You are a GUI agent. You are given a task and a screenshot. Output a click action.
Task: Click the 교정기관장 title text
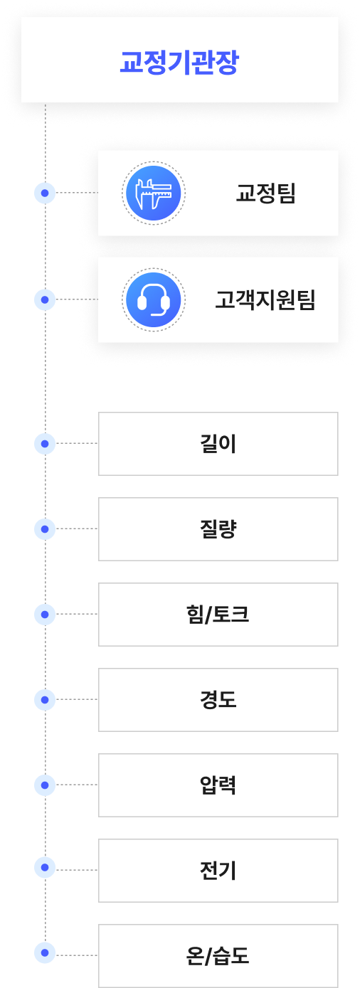point(179,62)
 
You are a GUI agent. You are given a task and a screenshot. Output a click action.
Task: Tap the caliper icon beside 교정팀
point(154,193)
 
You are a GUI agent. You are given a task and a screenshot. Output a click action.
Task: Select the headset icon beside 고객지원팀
point(154,300)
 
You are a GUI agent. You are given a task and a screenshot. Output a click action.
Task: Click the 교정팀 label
point(265,193)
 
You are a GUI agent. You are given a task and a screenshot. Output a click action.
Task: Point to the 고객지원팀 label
point(265,300)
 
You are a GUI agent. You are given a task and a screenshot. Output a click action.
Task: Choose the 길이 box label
point(218,444)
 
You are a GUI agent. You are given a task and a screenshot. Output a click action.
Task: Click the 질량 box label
point(218,528)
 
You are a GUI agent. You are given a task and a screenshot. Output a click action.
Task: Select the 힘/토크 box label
point(218,615)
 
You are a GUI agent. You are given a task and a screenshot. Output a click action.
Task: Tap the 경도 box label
point(218,699)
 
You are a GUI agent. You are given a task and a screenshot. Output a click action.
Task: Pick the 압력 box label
point(218,785)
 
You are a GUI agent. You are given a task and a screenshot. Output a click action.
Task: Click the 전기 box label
point(218,870)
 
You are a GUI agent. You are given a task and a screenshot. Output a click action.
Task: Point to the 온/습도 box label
point(218,956)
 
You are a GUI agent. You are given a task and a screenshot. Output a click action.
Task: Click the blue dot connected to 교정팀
point(45,193)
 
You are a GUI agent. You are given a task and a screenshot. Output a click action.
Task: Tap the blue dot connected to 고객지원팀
point(45,300)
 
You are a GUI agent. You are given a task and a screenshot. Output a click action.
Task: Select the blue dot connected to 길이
point(45,444)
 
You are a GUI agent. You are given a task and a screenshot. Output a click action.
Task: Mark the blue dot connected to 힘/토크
point(45,615)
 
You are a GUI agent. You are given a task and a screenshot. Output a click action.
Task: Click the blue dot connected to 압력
point(45,785)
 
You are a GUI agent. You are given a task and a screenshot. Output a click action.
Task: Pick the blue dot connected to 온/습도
point(45,952)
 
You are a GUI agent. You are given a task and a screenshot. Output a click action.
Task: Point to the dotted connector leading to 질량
point(77,528)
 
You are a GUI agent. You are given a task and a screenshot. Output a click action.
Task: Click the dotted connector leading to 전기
point(77,870)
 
